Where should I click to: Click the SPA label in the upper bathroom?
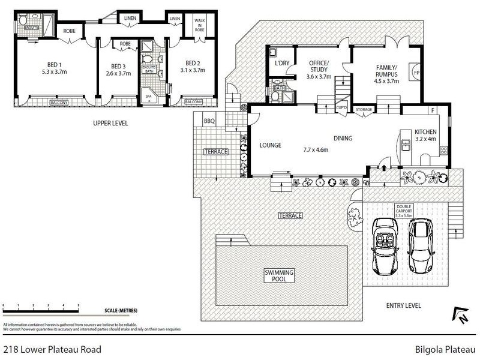[x=148, y=95]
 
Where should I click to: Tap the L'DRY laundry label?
[x=282, y=63]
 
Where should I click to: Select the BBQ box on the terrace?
[x=209, y=121]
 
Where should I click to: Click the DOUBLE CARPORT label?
[x=403, y=209]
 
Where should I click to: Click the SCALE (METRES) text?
[x=120, y=310]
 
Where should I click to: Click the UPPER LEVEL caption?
[x=110, y=124]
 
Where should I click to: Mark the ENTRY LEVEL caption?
[x=404, y=305]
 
